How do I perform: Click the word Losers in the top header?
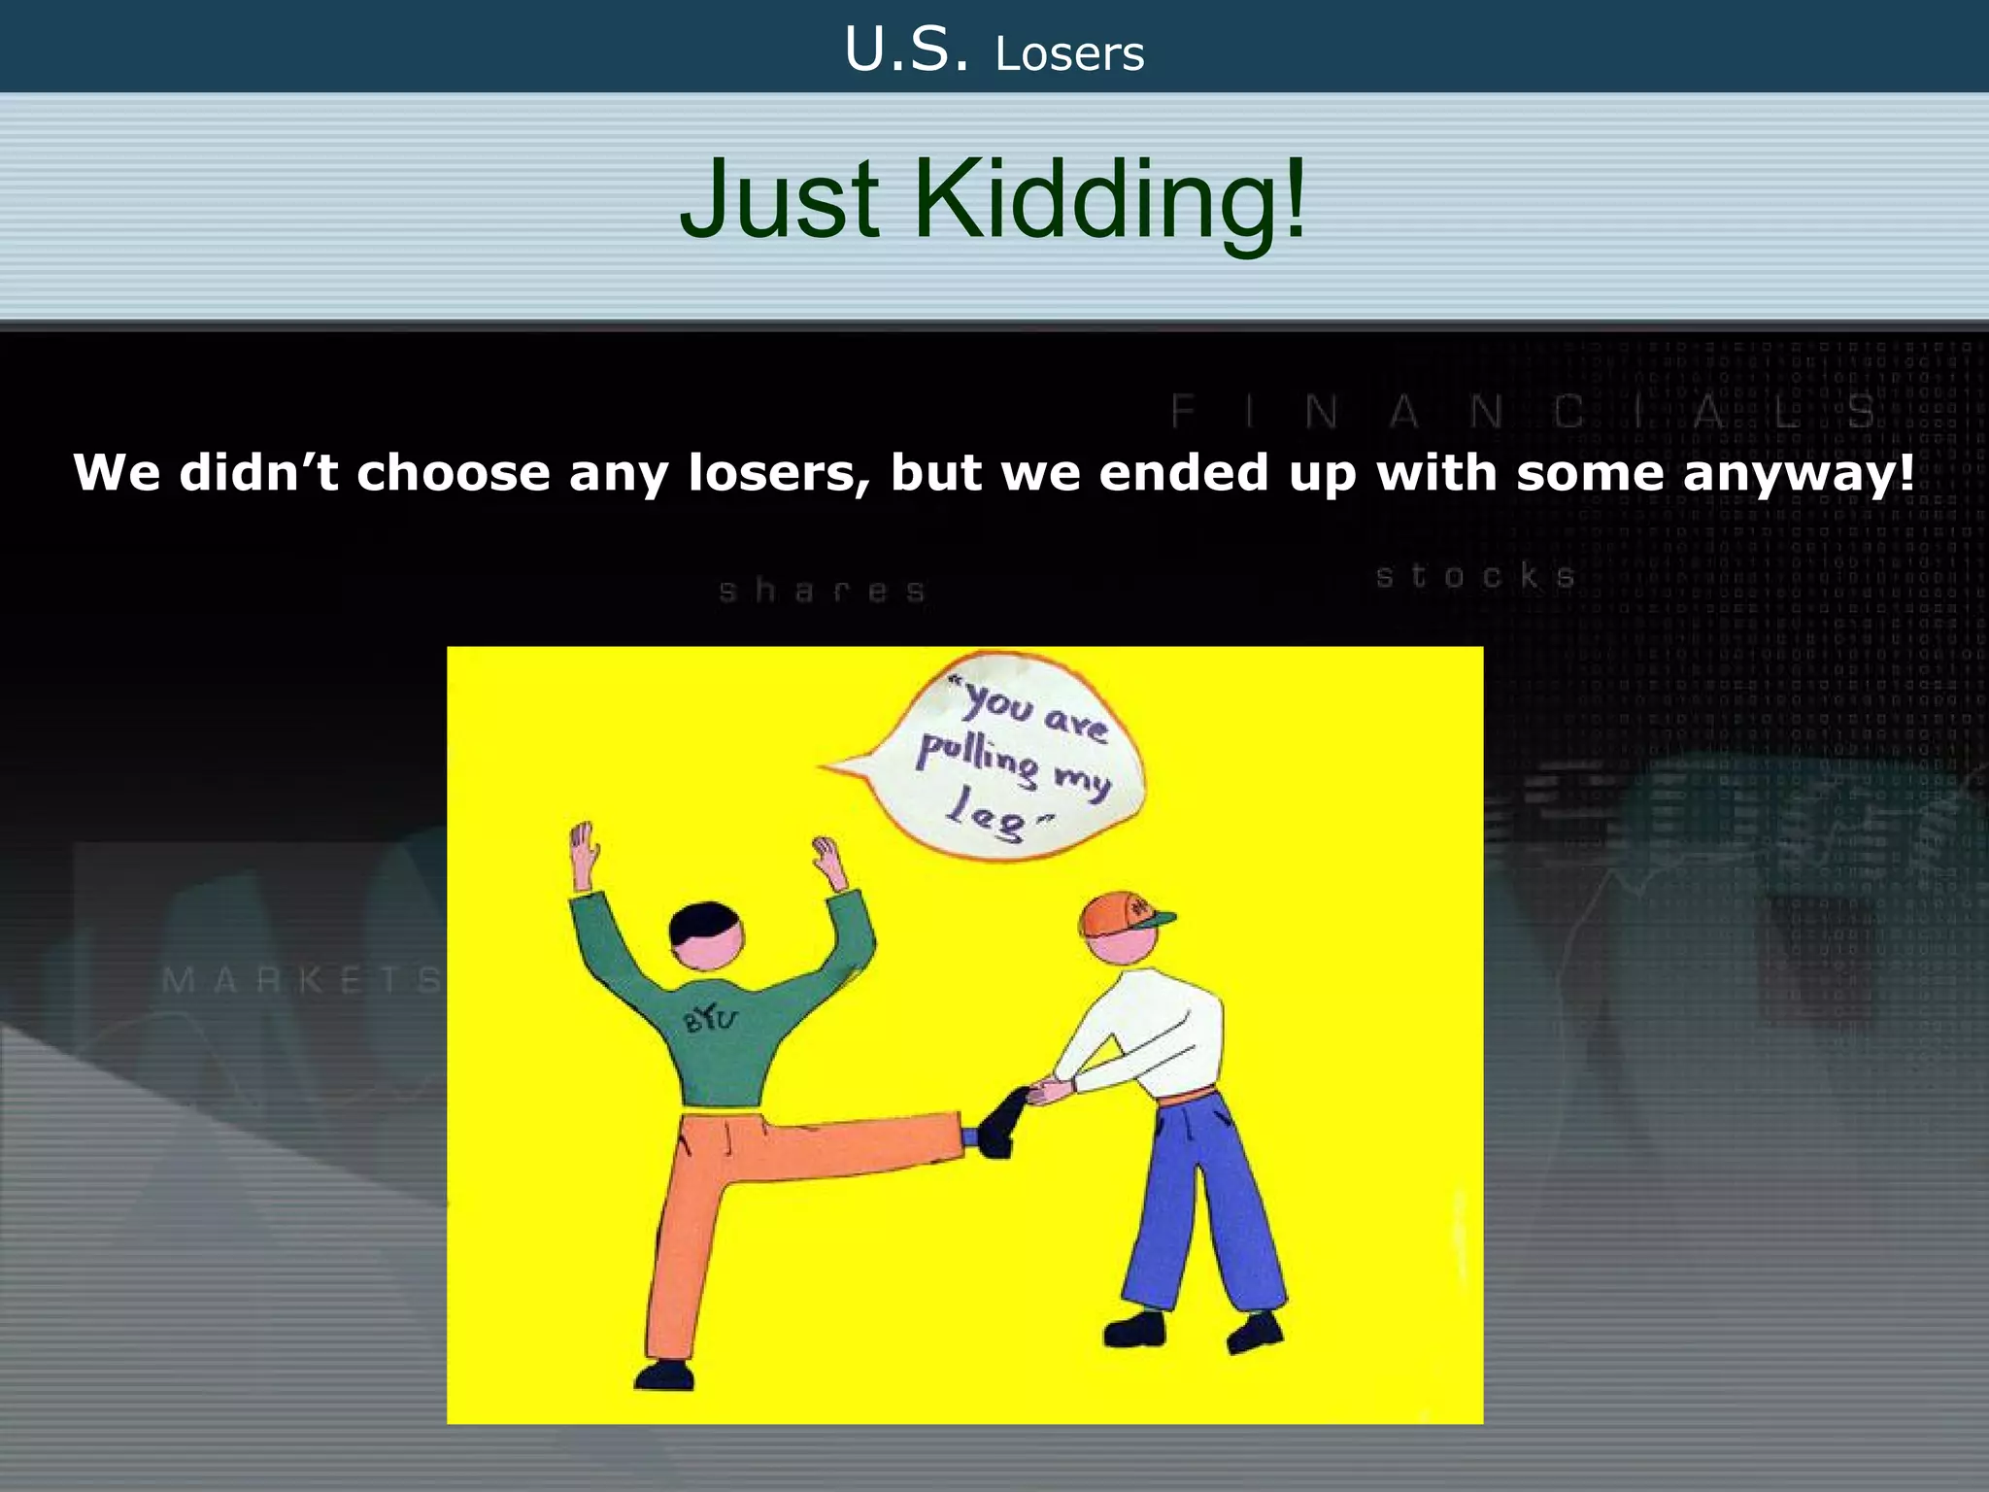(x=1069, y=54)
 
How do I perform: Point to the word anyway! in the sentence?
(x=1799, y=474)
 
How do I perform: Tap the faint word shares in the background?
(x=822, y=591)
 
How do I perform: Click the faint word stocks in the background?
(x=1475, y=576)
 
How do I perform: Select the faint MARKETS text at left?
(x=301, y=980)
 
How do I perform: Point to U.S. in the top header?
(x=906, y=51)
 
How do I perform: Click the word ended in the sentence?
(x=1184, y=473)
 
